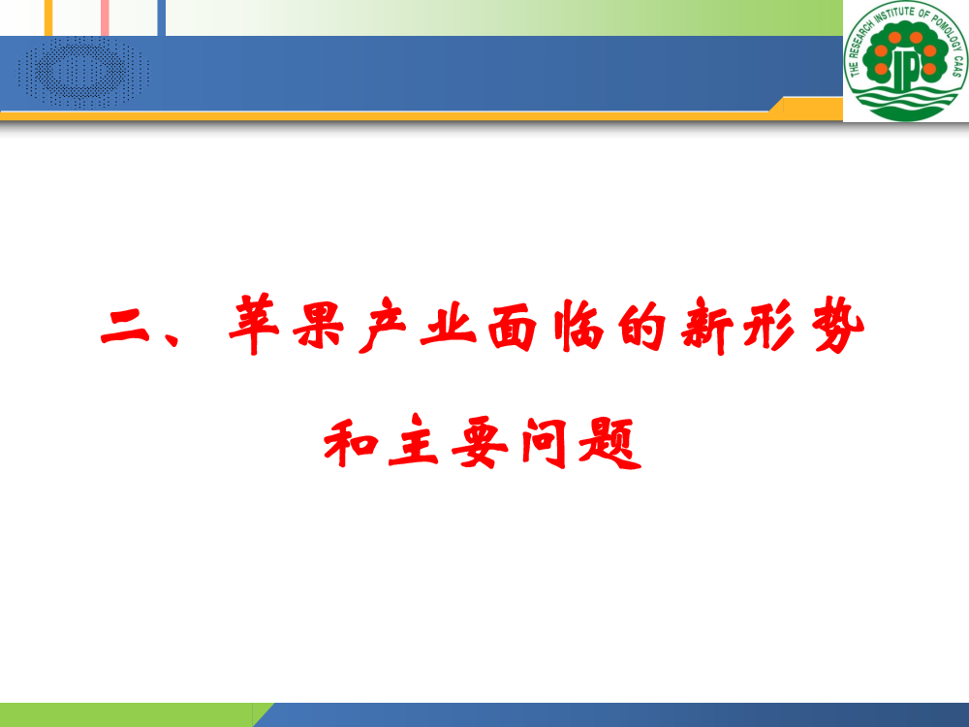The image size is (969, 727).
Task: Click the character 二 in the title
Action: pyautogui.click(x=125, y=327)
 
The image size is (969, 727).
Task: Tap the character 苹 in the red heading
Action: pyautogui.click(x=254, y=325)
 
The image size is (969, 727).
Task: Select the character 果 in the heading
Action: pyautogui.click(x=318, y=325)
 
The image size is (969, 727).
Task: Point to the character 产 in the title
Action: pyautogui.click(x=383, y=325)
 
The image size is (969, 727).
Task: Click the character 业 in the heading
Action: pyautogui.click(x=448, y=325)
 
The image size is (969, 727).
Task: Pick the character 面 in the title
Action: pyautogui.click(x=512, y=328)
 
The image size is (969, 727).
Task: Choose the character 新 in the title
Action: pyautogui.click(x=707, y=326)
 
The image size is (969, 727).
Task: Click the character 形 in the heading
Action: pyautogui.click(x=769, y=325)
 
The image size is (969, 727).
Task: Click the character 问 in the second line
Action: pyautogui.click(x=544, y=442)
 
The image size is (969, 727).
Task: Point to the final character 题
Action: pyautogui.click(x=610, y=443)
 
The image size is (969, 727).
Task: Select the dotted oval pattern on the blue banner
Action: pyautogui.click(x=84, y=73)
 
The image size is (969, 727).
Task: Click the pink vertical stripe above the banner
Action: pyautogui.click(x=105, y=17)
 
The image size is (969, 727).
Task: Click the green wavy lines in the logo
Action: pyautogui.click(x=906, y=101)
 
